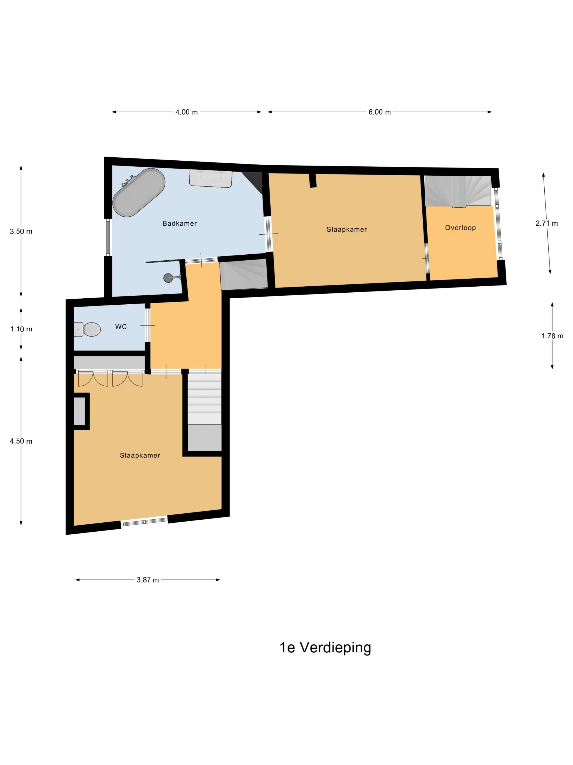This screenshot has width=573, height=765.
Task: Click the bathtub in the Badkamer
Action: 139,192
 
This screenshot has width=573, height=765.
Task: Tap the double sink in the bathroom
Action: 210,178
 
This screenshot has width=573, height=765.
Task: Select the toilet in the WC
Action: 87,329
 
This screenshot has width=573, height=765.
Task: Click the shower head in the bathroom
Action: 172,277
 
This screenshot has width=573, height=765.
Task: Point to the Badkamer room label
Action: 180,223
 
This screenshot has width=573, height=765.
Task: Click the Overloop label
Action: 460,228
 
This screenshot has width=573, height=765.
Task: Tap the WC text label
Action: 121,326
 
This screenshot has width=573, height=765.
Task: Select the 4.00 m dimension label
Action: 187,112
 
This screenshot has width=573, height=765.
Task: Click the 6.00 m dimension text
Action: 380,112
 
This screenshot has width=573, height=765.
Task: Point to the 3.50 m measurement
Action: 21,231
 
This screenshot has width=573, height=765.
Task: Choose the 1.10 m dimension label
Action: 21,329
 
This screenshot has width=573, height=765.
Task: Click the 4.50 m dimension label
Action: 21,441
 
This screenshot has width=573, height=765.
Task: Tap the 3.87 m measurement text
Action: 148,580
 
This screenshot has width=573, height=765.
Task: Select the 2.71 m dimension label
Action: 547,223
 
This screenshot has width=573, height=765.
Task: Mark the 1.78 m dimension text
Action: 552,336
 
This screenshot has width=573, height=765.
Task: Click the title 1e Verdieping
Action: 325,648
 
